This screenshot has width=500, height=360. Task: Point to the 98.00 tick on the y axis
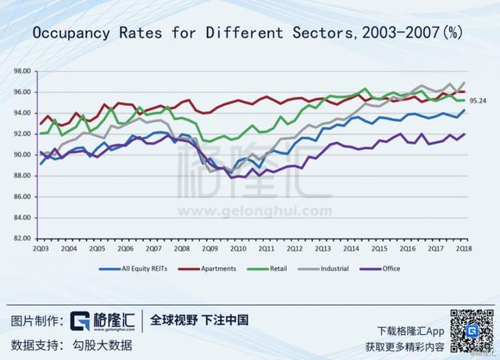tap(21, 71)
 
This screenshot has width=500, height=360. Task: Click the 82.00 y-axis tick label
tap(21, 238)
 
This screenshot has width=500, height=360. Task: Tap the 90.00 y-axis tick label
tap(21, 155)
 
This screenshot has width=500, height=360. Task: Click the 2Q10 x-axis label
tap(237, 248)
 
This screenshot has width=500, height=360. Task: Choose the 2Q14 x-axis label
tap(350, 248)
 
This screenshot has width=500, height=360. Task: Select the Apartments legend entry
tap(216, 269)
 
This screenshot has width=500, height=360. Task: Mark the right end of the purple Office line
tap(465, 134)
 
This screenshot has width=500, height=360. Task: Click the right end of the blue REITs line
tap(465, 110)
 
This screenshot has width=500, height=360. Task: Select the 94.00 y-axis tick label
tap(21, 112)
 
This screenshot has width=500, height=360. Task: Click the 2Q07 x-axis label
tap(154, 248)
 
